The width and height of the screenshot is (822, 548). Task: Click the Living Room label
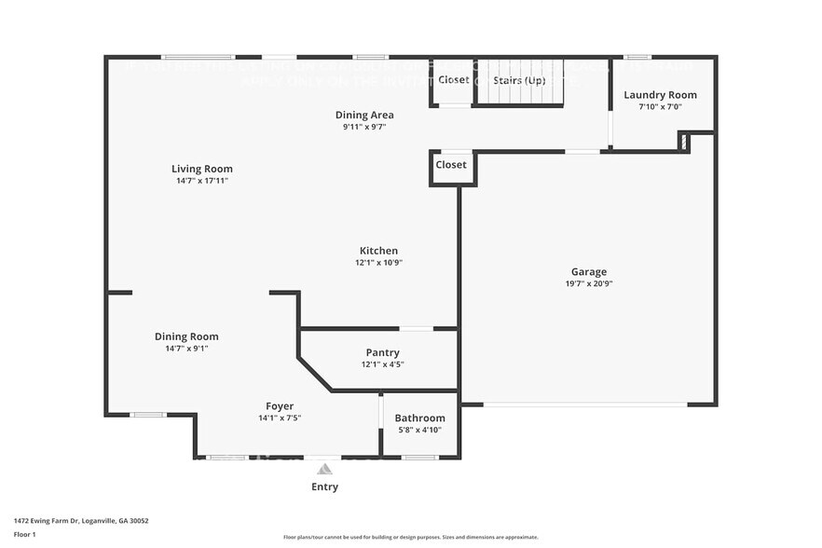tap(202, 169)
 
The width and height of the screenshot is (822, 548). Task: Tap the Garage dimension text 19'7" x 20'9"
tap(589, 283)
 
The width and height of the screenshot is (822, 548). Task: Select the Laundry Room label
tap(660, 95)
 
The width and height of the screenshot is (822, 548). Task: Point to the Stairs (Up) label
tap(519, 80)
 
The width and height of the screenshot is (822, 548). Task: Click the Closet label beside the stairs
tap(454, 80)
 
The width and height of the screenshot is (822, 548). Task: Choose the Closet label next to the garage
tap(451, 165)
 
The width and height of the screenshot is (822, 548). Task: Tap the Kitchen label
tap(378, 251)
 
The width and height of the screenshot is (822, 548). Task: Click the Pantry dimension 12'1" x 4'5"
tap(382, 364)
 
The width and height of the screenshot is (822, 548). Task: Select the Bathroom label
tap(419, 418)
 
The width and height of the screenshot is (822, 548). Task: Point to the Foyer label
tap(280, 406)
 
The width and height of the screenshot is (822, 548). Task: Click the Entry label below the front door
tap(324, 486)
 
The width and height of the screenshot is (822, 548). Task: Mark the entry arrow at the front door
tap(324, 468)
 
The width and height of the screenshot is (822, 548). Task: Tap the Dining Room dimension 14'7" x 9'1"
tap(186, 349)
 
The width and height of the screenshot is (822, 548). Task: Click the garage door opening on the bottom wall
tap(585, 404)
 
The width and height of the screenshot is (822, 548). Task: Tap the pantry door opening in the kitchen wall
tap(417, 328)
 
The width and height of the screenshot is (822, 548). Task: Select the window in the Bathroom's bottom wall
tap(420, 457)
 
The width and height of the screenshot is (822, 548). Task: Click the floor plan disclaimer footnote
tap(410, 538)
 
